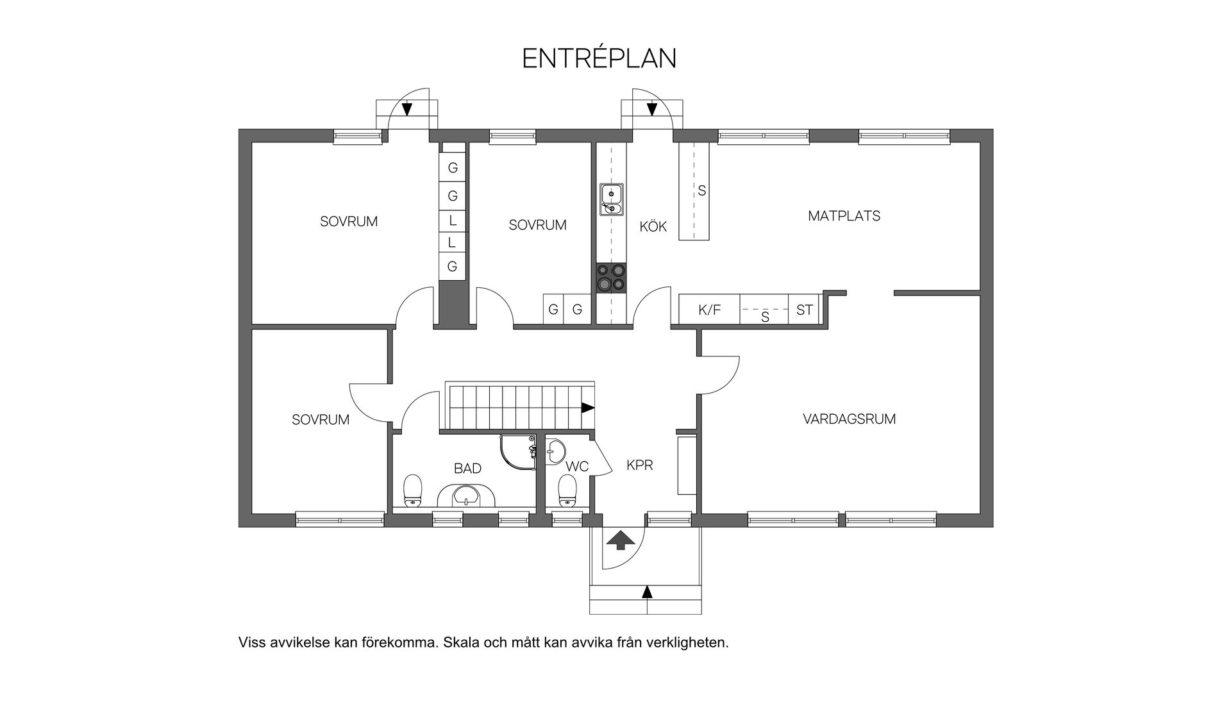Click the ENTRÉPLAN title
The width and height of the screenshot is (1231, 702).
(x=599, y=58)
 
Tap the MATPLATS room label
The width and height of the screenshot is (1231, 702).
(x=844, y=216)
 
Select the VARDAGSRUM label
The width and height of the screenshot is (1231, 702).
(x=849, y=419)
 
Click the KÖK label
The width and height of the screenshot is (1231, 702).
(x=653, y=226)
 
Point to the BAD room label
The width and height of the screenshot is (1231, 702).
(x=467, y=469)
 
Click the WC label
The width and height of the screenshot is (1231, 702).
(x=577, y=467)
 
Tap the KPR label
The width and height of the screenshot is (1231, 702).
(x=639, y=465)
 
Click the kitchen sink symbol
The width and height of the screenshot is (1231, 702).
(x=612, y=199)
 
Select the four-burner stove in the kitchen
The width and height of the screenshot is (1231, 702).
(x=611, y=278)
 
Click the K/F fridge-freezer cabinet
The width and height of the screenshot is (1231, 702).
(x=709, y=310)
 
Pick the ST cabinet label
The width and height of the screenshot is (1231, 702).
(x=804, y=310)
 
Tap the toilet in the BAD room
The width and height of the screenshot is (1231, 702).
(x=412, y=491)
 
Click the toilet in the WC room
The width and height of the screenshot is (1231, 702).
(x=567, y=490)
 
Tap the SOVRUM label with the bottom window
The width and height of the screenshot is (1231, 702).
(x=320, y=420)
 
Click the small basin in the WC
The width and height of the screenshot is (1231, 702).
(x=555, y=450)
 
